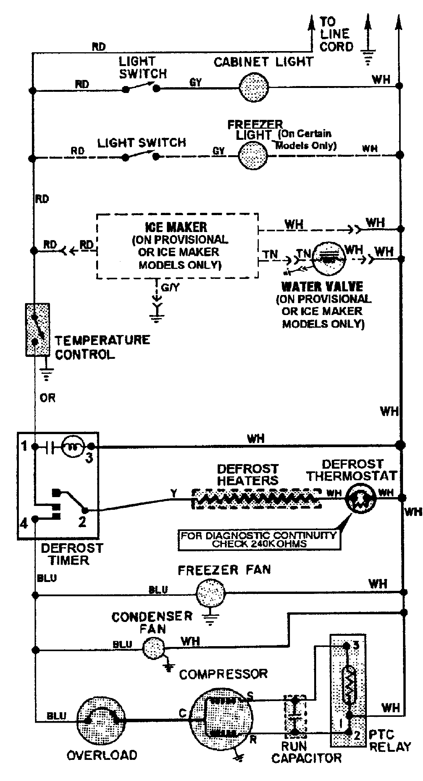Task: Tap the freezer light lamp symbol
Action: pos(253,156)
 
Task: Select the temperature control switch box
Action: pos(37,330)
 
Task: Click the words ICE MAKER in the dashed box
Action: pos(176,227)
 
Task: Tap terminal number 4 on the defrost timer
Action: pos(24,523)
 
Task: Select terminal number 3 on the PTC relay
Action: pos(356,645)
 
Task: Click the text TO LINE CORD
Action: pos(336,34)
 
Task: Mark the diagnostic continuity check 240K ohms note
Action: pos(259,539)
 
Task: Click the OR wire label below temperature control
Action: pos(47,398)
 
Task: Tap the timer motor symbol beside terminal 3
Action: pos(72,446)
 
